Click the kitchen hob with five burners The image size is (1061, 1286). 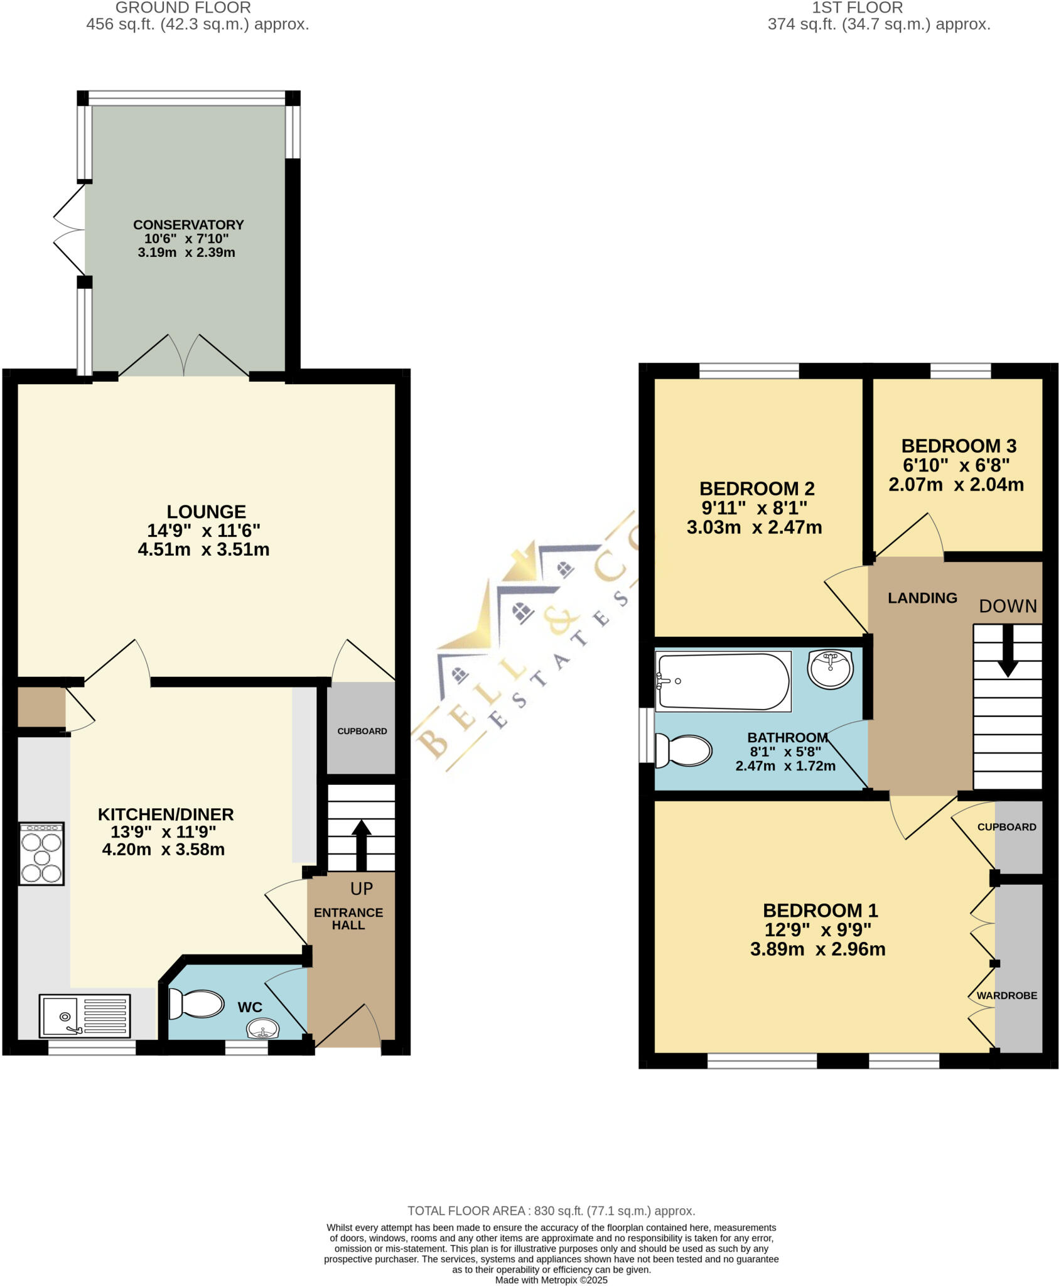(41, 854)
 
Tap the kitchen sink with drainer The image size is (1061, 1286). (84, 1015)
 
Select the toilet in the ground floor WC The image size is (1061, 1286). (196, 1004)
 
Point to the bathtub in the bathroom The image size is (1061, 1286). (722, 682)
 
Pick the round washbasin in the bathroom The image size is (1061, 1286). (831, 669)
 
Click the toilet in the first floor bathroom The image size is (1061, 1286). (683, 750)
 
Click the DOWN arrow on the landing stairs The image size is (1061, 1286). (1008, 650)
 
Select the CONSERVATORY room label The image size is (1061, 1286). (188, 225)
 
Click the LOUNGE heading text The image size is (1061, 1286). (206, 512)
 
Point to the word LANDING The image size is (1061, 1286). (922, 598)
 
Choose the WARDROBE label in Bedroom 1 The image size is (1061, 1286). (1006, 996)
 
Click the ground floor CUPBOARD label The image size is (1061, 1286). (362, 732)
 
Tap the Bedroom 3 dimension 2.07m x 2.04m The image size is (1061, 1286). (956, 485)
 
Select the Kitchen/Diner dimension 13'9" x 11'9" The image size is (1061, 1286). (163, 832)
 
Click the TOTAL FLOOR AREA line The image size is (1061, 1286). (551, 1211)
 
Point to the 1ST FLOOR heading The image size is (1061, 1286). (857, 8)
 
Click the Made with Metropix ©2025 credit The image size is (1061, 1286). (551, 1280)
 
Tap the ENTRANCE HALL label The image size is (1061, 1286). (348, 919)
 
